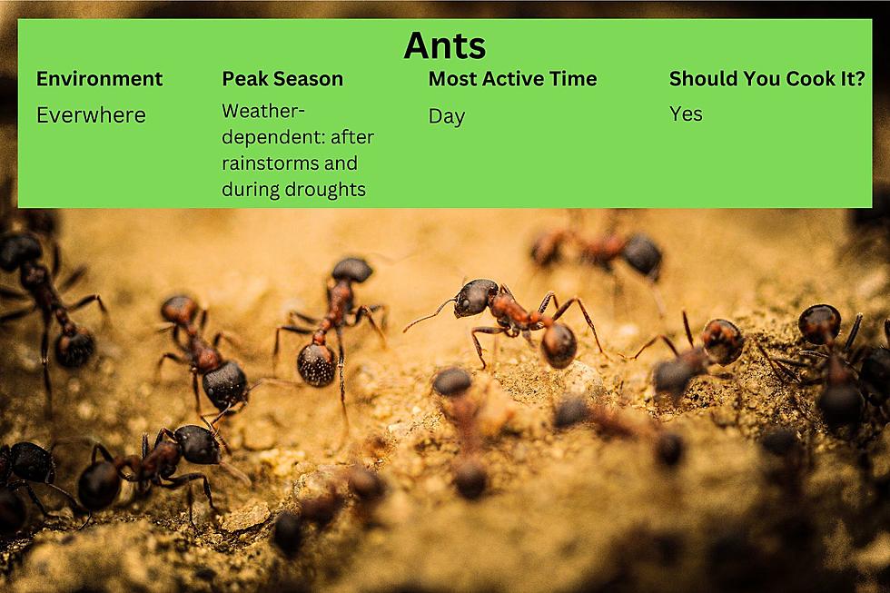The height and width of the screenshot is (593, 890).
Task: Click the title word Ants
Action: (x=444, y=45)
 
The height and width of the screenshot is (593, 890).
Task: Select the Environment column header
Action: (x=99, y=79)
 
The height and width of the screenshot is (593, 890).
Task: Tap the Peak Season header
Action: (x=282, y=79)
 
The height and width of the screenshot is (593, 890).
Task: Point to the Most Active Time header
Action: (x=512, y=79)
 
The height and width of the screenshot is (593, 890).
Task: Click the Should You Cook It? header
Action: (x=766, y=79)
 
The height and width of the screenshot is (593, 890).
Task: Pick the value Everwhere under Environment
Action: (x=92, y=115)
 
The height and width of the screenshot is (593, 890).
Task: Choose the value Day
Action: (x=447, y=116)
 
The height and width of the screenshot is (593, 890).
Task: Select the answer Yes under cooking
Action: (x=686, y=114)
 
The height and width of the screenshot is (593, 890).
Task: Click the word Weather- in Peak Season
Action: (x=263, y=111)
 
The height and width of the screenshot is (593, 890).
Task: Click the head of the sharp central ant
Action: (x=474, y=297)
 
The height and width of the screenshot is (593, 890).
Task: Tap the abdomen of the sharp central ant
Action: (x=559, y=345)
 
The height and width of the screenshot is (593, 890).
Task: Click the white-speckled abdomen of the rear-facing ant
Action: (x=316, y=364)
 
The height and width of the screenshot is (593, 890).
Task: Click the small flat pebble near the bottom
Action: (x=245, y=517)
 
